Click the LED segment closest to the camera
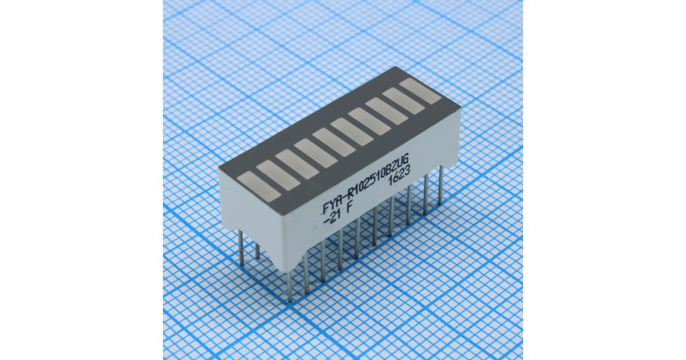click(260, 187)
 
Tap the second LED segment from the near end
click(278, 176)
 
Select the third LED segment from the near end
click(297, 165)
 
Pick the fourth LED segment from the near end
click(316, 154)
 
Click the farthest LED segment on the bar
click(420, 91)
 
